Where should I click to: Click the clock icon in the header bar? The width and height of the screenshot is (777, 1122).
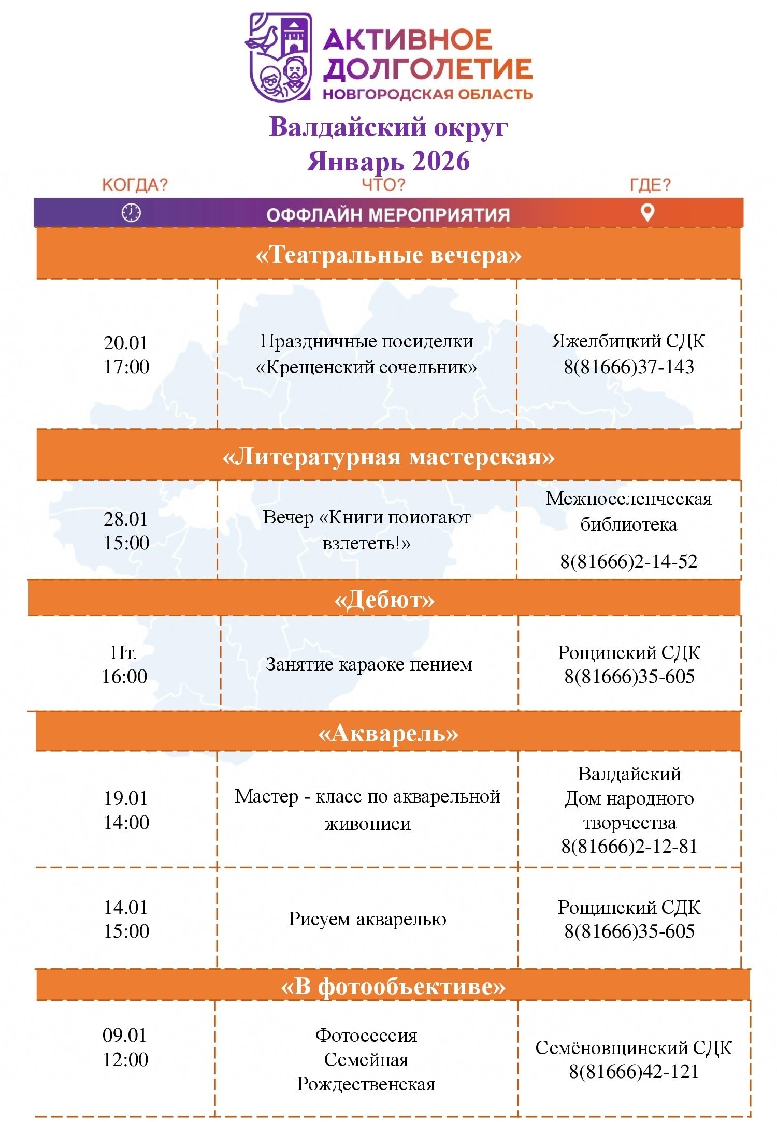coord(131,213)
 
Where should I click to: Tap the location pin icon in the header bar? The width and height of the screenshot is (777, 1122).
coord(647,212)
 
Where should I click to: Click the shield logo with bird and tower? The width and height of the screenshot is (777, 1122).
coord(280,56)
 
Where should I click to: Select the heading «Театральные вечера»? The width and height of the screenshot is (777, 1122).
coord(388,255)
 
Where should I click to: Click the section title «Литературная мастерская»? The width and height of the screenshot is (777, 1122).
coord(388,457)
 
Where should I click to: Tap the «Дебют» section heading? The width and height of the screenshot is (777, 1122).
coord(384,599)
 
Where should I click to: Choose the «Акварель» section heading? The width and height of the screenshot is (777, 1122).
coord(388,733)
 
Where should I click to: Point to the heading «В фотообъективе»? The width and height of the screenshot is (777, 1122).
coord(393,986)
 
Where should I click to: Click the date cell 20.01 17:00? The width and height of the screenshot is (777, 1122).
coord(126,355)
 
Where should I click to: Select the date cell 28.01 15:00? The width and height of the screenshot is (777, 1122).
coord(126,531)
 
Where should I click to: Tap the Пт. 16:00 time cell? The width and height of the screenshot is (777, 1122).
coord(124,664)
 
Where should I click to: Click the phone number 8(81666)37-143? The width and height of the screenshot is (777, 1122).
coord(629,367)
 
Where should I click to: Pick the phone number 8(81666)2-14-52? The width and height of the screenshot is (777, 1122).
coord(629,561)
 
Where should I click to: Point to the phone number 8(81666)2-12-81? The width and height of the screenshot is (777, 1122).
coord(629,846)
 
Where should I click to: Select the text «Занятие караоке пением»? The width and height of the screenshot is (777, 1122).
coord(369,664)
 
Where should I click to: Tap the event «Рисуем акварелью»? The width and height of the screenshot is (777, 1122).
coord(367,919)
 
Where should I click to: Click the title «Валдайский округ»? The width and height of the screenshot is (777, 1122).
coord(388,127)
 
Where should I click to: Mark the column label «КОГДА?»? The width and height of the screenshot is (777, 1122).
coord(135,185)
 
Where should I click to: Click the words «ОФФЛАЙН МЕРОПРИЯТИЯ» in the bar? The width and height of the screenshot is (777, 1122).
coord(388,215)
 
